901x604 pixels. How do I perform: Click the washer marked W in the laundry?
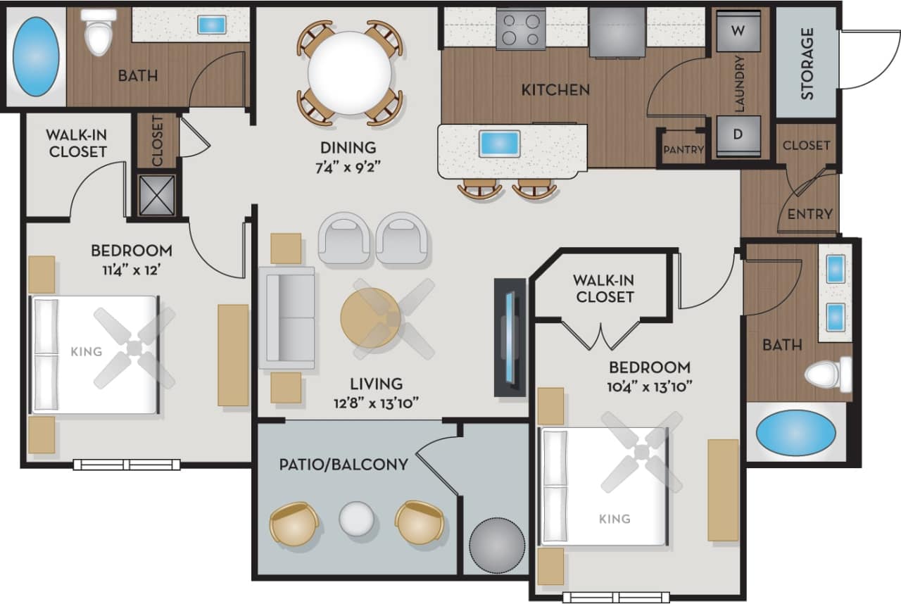click(738, 31)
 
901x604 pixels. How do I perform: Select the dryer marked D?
click(738, 134)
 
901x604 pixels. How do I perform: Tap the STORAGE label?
click(807, 63)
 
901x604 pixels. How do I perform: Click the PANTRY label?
click(683, 149)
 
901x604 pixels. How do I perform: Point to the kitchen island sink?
click(499, 144)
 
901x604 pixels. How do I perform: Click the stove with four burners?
click(521, 30)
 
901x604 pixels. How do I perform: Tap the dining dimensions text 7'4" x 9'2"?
click(348, 169)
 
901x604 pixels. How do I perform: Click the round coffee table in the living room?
click(370, 318)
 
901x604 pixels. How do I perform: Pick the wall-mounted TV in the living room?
click(510, 337)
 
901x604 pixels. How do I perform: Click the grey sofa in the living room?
click(286, 317)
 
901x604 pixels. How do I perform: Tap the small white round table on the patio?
click(358, 520)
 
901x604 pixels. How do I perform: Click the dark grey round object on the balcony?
click(498, 546)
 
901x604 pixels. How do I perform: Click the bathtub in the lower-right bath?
click(796, 432)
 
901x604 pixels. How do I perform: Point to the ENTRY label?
click(809, 214)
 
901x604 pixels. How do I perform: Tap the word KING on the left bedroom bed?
click(87, 351)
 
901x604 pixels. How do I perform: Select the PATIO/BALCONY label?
click(343, 465)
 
